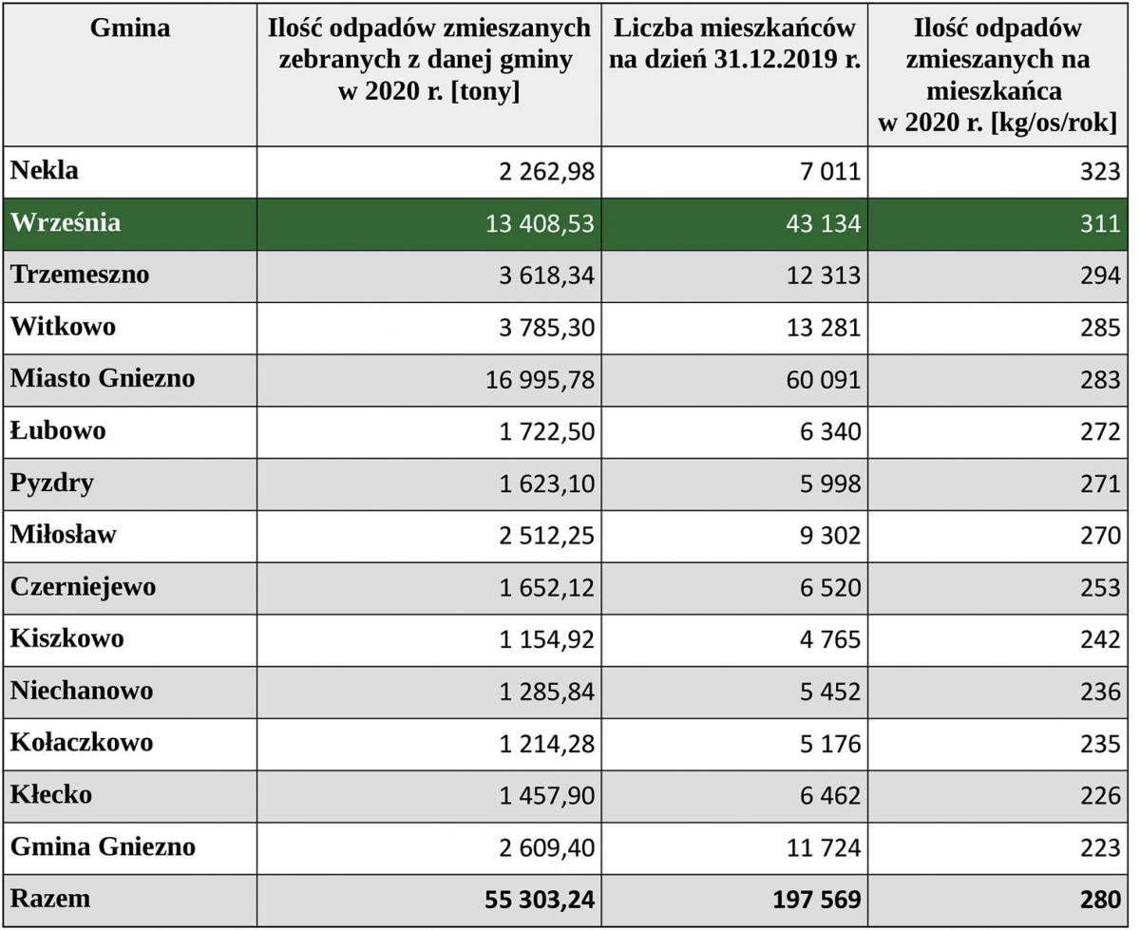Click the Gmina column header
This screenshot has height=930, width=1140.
tap(130, 28)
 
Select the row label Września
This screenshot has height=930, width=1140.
tap(66, 222)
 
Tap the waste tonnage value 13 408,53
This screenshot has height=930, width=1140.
tap(540, 223)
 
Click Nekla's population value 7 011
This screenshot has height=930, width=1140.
tap(830, 171)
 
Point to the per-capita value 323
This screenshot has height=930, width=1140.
tap(1100, 171)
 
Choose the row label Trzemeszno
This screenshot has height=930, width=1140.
tap(80, 274)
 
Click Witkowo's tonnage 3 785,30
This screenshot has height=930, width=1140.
tap(546, 328)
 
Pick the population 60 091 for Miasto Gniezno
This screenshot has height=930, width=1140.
tap(824, 379)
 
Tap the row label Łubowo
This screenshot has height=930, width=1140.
tap(58, 430)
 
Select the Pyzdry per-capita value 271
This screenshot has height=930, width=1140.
tap(1100, 484)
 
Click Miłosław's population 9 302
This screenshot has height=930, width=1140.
tap(830, 536)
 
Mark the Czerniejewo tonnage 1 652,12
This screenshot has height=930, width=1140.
tap(546, 587)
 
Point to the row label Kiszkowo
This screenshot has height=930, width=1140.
tap(67, 638)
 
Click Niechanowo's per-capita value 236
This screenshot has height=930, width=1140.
tap(1100, 692)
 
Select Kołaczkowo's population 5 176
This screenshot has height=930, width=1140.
tap(830, 744)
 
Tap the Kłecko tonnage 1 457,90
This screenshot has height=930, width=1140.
tap(546, 795)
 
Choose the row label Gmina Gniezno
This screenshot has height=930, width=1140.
tap(103, 846)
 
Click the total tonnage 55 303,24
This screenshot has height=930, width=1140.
tap(540, 900)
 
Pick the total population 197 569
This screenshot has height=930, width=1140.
tap(817, 900)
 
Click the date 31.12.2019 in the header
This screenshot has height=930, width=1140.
tap(768, 60)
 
